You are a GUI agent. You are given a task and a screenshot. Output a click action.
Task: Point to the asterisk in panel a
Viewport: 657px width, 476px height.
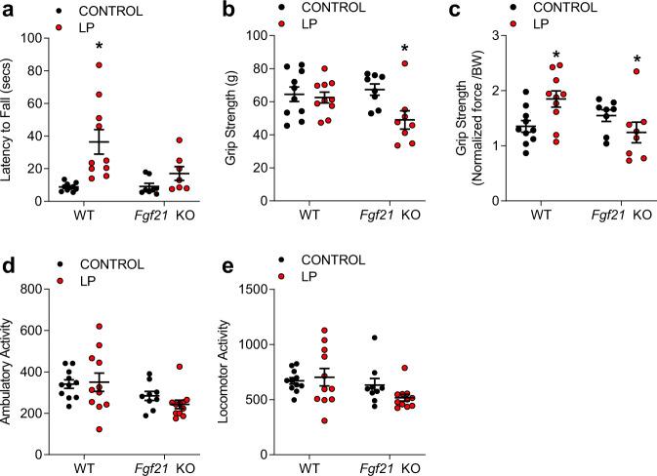click(100, 48)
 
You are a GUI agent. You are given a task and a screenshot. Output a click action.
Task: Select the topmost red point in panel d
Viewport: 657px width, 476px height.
click(99, 326)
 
